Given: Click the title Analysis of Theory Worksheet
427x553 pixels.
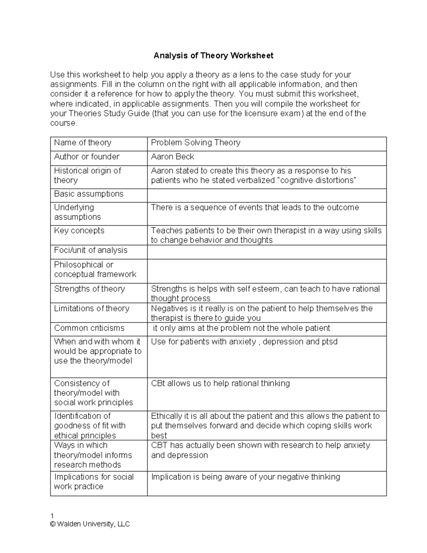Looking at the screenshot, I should [x=213, y=56].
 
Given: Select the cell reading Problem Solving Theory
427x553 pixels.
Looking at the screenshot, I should [x=195, y=143].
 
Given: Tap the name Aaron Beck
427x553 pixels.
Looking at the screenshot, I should [x=173, y=157].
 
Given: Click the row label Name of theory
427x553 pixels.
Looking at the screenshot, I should [x=83, y=143].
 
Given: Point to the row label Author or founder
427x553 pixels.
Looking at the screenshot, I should [x=86, y=157].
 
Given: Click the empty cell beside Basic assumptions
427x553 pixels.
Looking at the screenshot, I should [x=267, y=195].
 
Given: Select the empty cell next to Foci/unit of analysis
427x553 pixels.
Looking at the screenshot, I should [x=267, y=252].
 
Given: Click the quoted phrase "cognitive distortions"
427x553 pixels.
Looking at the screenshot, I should [x=317, y=180].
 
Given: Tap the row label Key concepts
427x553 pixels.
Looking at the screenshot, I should [x=79, y=231].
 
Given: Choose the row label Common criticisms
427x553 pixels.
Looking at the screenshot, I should [x=89, y=328].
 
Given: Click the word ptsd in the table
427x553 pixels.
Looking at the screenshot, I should [x=330, y=342].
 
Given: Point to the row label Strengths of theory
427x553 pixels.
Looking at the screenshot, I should [x=89, y=289].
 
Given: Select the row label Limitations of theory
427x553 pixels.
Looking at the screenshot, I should [x=91, y=308].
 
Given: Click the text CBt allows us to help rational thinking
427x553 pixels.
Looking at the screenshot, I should [x=220, y=384].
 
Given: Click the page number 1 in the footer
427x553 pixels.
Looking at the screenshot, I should [x=52, y=516].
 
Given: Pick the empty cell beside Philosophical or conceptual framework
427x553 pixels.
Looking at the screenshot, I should [x=267, y=271].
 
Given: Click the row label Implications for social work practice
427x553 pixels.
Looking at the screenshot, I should [x=93, y=482].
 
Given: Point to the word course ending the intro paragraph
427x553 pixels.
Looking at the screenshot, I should [x=63, y=123].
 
